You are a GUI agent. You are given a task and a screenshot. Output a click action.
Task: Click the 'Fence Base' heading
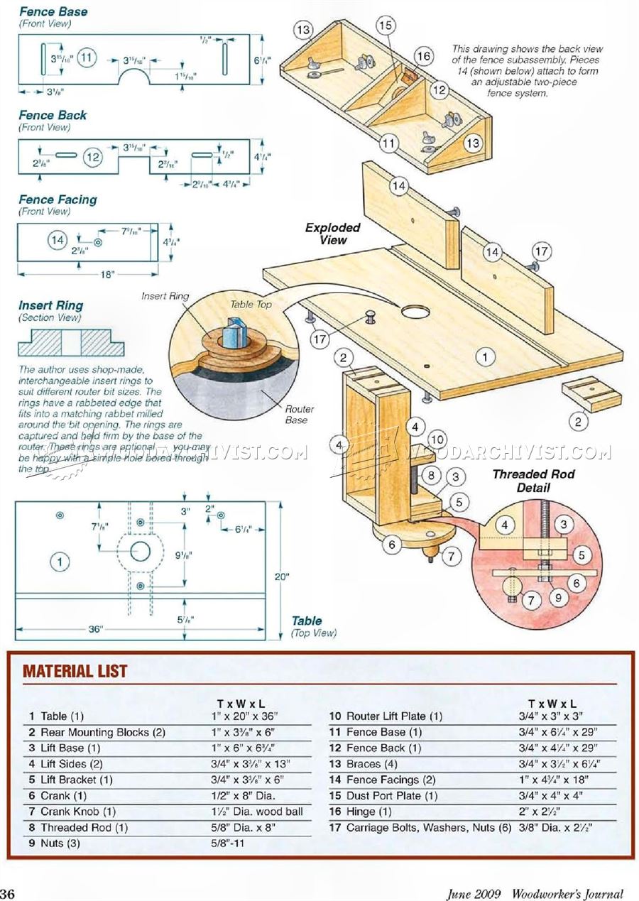pos(53,11)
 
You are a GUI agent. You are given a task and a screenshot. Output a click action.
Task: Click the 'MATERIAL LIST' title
pos(75,671)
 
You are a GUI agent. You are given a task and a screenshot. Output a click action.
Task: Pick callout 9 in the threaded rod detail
pos(558,598)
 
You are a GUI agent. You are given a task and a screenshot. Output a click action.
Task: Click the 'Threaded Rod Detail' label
pos(533,481)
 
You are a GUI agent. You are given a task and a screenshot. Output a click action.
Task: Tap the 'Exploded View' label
pos(332,234)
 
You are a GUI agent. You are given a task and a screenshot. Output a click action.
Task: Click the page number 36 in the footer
pos(9,892)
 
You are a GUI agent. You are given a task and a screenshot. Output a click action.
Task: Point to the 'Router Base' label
pos(300,414)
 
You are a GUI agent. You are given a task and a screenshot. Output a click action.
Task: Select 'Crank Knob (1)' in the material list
pos(78,812)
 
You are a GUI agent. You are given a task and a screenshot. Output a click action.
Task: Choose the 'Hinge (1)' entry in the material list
pos(368,812)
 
